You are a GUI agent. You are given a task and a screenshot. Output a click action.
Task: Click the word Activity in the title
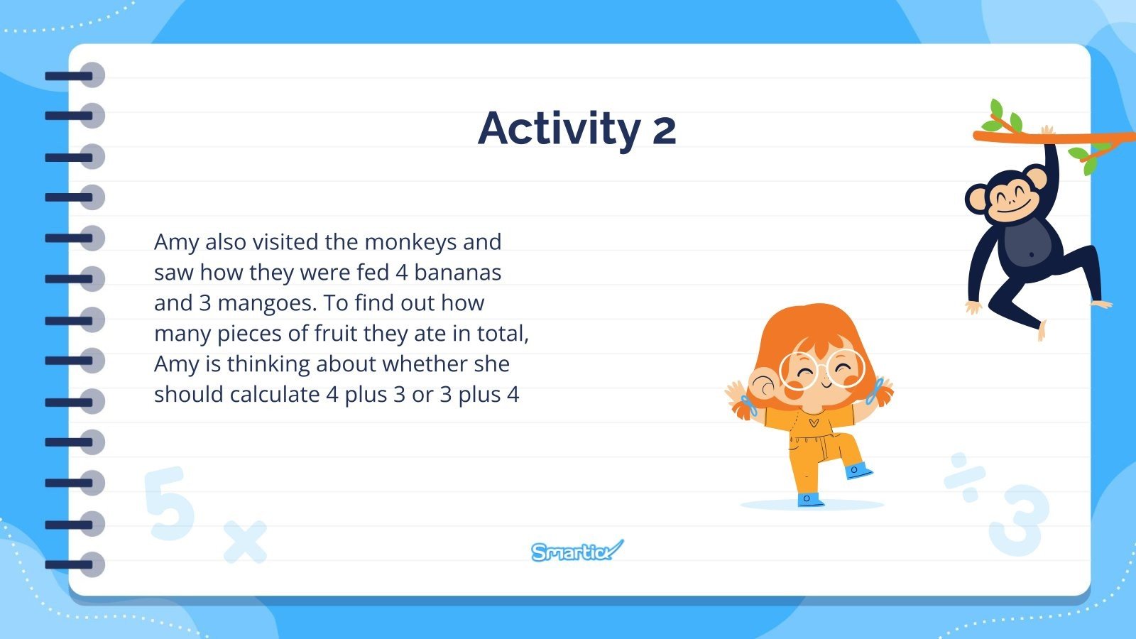tap(559, 129)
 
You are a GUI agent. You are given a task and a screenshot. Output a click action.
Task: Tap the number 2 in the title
tap(664, 131)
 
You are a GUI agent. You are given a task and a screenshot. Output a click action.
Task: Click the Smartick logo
tap(577, 550)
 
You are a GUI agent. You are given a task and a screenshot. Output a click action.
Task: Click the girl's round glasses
tap(821, 370)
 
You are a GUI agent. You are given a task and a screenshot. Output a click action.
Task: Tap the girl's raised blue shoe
tap(858, 470)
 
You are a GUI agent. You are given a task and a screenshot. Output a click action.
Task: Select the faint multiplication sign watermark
tap(245, 542)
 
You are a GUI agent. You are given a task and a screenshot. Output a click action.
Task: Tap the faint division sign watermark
tap(964, 472)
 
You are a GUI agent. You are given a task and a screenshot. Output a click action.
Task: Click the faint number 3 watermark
tap(1019, 520)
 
